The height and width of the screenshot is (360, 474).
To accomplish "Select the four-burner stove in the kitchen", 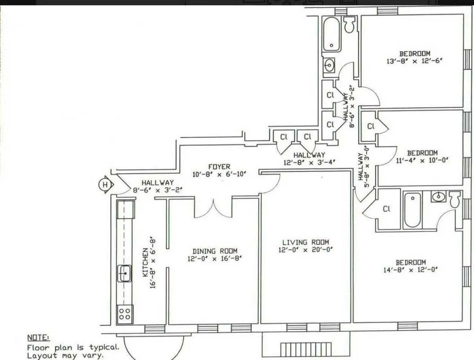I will [x=125, y=313].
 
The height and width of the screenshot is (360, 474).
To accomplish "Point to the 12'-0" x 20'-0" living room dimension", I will [x=305, y=250].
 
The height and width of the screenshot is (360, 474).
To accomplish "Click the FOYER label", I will [x=219, y=166].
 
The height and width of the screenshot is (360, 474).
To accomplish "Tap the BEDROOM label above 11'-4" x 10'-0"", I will [x=422, y=153].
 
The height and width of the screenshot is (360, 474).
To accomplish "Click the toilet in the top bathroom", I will [x=349, y=24].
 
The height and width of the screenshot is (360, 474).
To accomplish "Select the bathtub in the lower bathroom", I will [x=412, y=210].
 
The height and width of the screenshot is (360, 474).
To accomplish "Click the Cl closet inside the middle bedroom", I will [x=371, y=126].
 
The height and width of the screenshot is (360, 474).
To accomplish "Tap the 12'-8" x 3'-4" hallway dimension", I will [x=309, y=162].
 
